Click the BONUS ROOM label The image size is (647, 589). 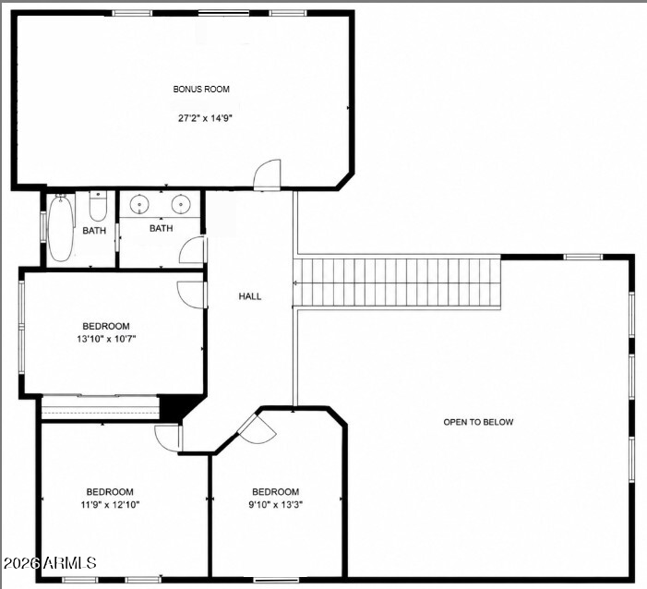[x=201, y=90]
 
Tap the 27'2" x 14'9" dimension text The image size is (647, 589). [x=205, y=118]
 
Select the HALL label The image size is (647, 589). [x=249, y=296]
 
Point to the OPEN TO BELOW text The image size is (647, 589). [x=478, y=422]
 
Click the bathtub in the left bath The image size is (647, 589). [x=61, y=227]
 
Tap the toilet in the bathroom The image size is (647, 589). [x=98, y=206]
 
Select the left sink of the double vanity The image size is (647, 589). [x=139, y=204]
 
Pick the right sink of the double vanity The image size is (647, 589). [x=181, y=204]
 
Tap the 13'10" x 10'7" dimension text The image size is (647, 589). [x=106, y=340]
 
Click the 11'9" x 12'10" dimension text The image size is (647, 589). [x=110, y=504]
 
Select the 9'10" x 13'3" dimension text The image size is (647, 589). [x=276, y=504]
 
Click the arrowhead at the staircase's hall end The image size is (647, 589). [x=295, y=283]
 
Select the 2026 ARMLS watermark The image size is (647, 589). [x=50, y=562]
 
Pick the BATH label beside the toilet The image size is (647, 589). [x=94, y=231]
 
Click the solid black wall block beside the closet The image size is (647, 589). [x=169, y=408]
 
